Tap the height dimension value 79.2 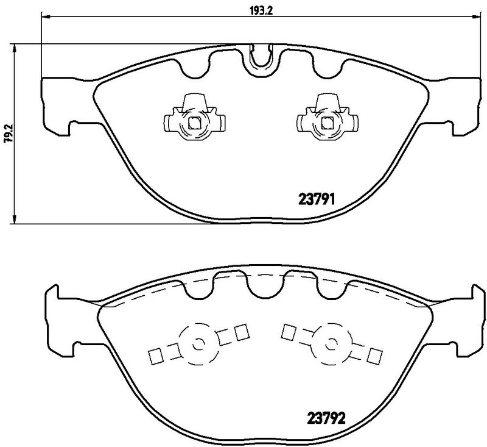pos(8,132)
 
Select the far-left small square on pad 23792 pos(155,355)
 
